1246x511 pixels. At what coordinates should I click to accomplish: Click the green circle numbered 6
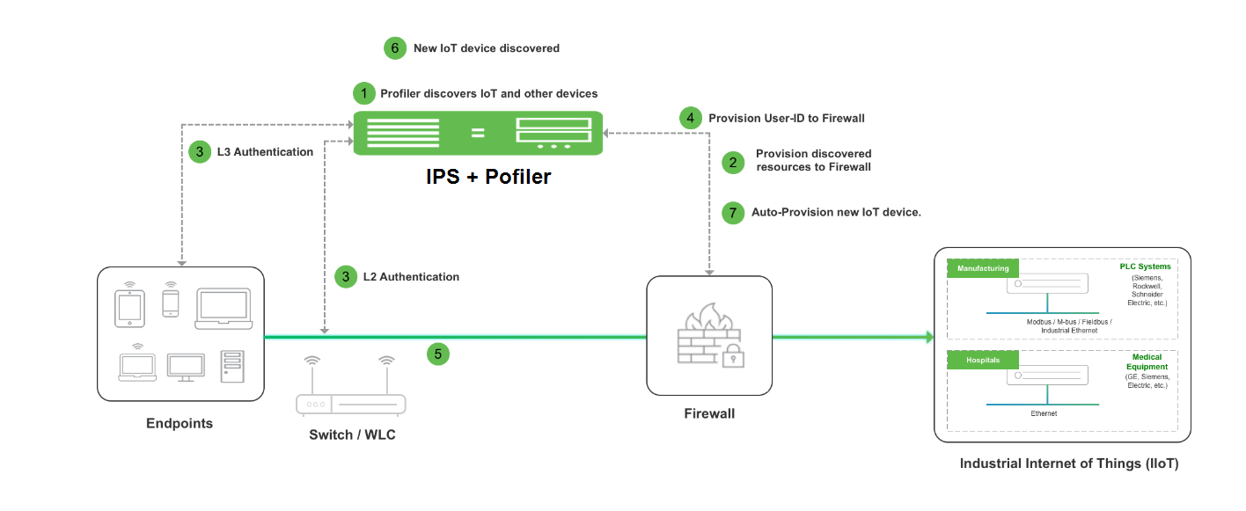[x=394, y=48]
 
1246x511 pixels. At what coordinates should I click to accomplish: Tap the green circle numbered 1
[x=363, y=93]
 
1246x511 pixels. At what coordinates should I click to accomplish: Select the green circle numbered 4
[x=690, y=118]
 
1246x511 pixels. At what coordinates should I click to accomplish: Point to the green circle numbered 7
[x=733, y=213]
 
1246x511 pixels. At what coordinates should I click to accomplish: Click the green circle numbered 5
[x=437, y=354]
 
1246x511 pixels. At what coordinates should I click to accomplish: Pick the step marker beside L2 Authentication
[x=346, y=277]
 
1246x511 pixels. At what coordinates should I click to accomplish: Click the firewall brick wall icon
[x=708, y=333]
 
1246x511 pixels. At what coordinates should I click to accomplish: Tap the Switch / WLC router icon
[x=350, y=386]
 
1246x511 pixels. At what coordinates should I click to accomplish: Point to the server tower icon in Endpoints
[x=232, y=367]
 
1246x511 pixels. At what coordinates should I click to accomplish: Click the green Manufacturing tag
[x=983, y=268]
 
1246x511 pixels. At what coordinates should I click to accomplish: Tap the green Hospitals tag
[x=983, y=360]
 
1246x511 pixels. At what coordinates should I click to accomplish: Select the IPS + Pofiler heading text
[x=488, y=177]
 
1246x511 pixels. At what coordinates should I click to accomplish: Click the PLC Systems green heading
[x=1146, y=266]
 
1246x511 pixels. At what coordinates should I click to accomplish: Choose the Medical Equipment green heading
[x=1147, y=362]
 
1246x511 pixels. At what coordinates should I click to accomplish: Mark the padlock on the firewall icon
[x=733, y=356]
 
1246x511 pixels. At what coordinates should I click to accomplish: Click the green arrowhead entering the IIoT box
[x=929, y=337]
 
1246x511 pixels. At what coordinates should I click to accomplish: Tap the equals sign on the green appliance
[x=478, y=133]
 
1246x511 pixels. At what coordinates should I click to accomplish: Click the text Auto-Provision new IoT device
[x=836, y=213]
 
